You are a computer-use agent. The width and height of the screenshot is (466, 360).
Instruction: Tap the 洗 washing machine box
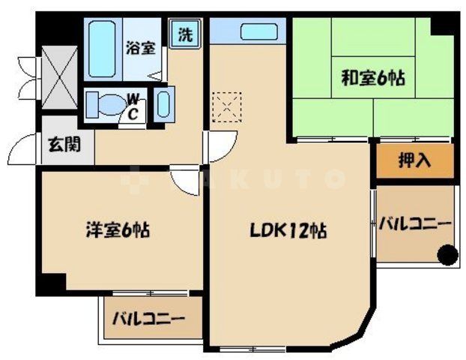coord(185,34)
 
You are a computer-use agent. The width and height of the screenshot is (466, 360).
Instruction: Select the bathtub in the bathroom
coord(102,49)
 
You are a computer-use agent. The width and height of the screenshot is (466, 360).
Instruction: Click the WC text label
coord(132,105)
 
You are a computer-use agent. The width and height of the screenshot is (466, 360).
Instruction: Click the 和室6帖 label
coord(373,76)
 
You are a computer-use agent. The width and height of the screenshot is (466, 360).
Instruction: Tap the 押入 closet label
coord(414,160)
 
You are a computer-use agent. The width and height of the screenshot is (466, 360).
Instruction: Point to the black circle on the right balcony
coord(447,256)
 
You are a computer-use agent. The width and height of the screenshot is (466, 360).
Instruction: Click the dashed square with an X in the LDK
coord(226,107)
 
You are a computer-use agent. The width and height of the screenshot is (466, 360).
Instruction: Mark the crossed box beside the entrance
coord(58,78)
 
